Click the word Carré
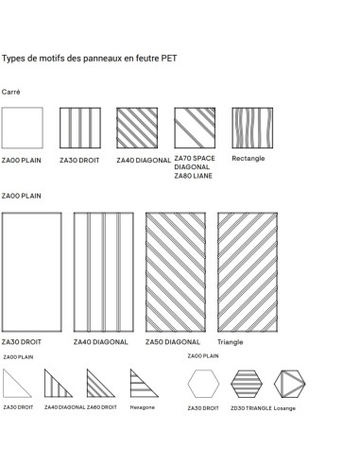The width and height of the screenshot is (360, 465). click(x=11, y=92)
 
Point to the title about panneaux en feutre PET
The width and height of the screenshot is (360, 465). click(x=90, y=58)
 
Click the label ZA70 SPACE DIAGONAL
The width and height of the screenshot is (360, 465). click(x=196, y=164)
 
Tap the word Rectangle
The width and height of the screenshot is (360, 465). click(x=249, y=158)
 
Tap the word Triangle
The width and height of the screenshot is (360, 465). click(x=230, y=340)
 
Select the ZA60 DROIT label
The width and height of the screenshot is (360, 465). click(x=102, y=407)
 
